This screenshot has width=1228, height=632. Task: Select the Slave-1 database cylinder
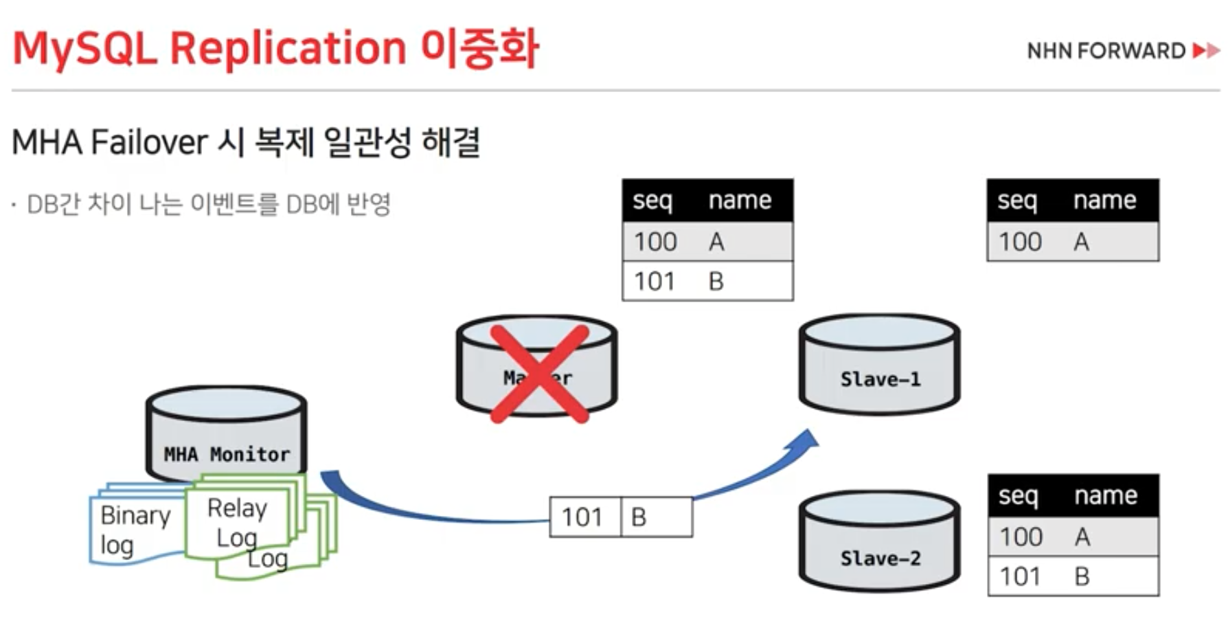pos(879,364)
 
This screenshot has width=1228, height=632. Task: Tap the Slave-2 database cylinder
pos(879,543)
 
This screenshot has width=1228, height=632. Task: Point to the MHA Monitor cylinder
pos(226,433)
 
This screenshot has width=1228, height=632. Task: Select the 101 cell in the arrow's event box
pos(582,517)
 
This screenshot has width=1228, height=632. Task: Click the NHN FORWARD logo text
pos(1106,51)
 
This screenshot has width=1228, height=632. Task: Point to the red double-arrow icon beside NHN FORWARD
pos(1206,51)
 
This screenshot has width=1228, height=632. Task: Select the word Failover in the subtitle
pos(148,143)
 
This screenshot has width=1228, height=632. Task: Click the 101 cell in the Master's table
pos(655,281)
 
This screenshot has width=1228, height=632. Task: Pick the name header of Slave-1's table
pos(1104,200)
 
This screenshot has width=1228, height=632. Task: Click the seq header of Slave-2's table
pos(1018,495)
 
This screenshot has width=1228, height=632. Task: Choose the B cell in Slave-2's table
pos(1082,576)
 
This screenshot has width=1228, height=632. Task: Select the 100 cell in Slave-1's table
pos(1020,242)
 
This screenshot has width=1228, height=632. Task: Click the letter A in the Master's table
pos(716,242)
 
